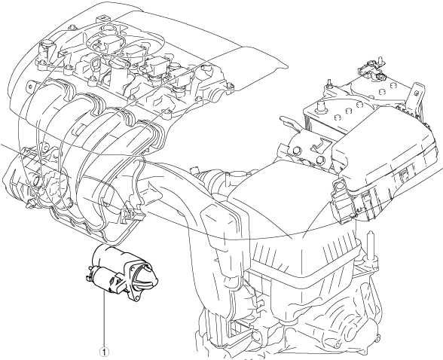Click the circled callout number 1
(104, 352)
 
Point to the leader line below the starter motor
(104, 320)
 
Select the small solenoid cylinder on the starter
(102, 279)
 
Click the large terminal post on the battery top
(320, 107)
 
